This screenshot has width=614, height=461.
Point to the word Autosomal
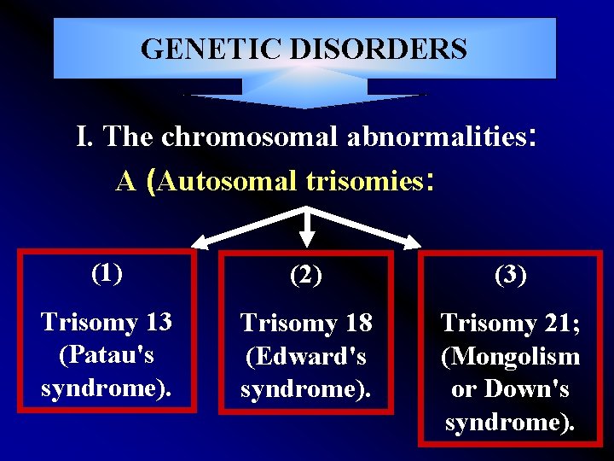(227, 180)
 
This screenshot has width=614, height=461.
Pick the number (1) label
(107, 273)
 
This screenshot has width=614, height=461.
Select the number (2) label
(306, 275)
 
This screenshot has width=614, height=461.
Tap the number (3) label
(510, 275)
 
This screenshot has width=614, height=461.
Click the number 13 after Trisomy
(158, 322)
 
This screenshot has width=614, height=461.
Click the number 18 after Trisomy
(358, 324)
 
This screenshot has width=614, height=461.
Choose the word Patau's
(107, 354)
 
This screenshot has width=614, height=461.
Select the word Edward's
(307, 356)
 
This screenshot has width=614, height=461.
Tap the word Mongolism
(511, 356)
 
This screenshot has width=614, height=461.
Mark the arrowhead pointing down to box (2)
(307, 242)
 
